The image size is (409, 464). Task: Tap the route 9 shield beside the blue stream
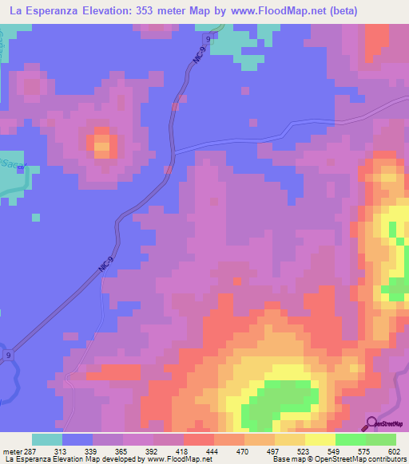(9, 355)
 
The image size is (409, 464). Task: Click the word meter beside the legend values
(11, 451)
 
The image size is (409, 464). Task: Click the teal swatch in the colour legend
(47, 439)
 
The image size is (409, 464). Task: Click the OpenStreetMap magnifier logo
(371, 423)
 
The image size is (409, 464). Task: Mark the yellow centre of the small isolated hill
(103, 146)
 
